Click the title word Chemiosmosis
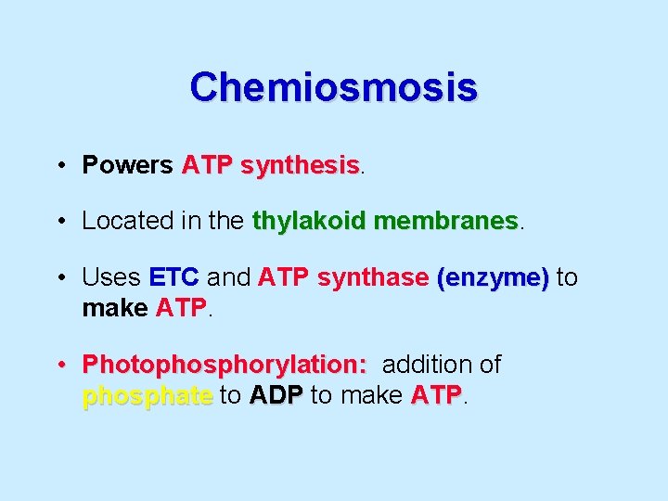click(x=334, y=87)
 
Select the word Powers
click(x=128, y=165)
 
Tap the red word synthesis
click(x=300, y=166)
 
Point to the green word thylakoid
click(x=309, y=222)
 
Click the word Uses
click(x=111, y=277)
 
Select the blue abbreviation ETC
click(x=173, y=277)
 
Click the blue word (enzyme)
click(x=493, y=278)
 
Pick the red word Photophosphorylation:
click(x=225, y=366)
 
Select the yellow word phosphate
click(x=148, y=396)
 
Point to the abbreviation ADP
click(x=276, y=395)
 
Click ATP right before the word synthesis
click(x=208, y=165)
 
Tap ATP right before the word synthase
click(x=284, y=277)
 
